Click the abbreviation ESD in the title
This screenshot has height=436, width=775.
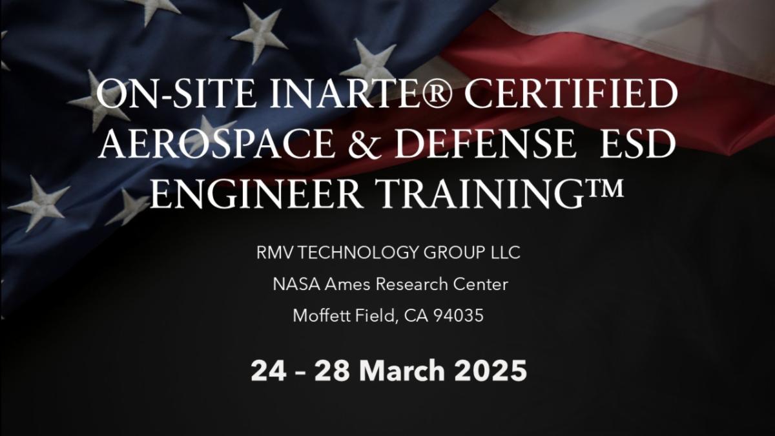tap(636, 145)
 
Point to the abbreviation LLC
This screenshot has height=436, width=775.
tap(502, 253)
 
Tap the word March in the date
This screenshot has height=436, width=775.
tap(402, 371)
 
